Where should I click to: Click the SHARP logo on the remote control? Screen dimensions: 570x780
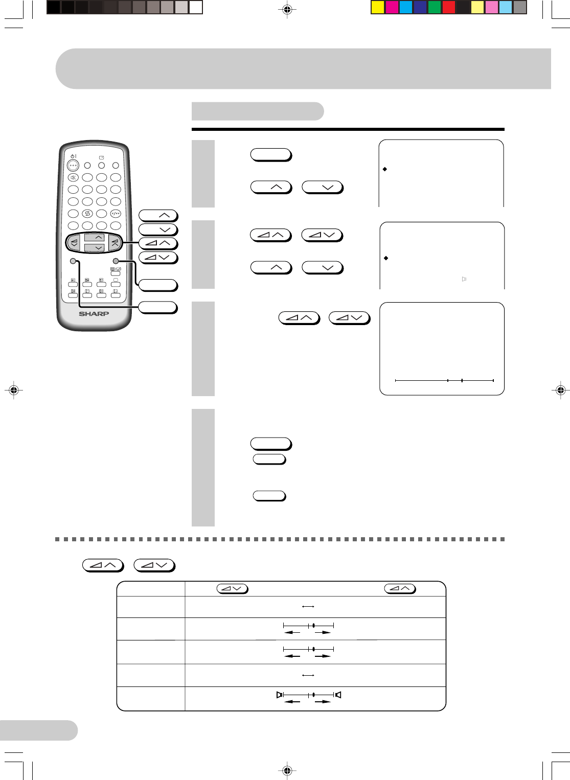coord(94,314)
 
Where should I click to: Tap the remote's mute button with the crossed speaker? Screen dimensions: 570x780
coord(73,177)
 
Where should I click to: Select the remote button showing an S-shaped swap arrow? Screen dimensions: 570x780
coord(87,214)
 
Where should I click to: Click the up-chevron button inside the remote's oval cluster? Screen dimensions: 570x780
coord(95,238)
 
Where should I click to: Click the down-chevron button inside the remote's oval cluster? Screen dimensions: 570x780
coord(95,247)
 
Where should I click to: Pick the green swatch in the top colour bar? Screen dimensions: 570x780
coord(434,7)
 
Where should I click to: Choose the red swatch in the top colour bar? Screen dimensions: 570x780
coord(448,7)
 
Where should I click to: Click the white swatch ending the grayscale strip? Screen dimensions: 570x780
coord(196,7)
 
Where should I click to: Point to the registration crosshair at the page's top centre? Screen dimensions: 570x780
coord(287,10)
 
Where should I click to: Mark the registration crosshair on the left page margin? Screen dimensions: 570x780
coord(14,390)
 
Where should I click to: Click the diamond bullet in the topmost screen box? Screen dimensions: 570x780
coord(385,169)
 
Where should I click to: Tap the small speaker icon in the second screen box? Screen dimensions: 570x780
coord(464,279)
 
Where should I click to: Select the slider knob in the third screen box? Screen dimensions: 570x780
coord(462,381)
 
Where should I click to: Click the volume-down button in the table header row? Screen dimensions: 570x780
coord(232,589)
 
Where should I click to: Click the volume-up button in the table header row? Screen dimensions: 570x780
coord(400,589)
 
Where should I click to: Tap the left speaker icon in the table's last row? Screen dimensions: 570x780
coord(279,695)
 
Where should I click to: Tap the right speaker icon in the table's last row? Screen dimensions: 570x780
coord(338,695)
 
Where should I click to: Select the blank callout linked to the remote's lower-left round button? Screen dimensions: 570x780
coord(158,308)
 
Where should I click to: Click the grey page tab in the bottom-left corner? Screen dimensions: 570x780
coord(38,730)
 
